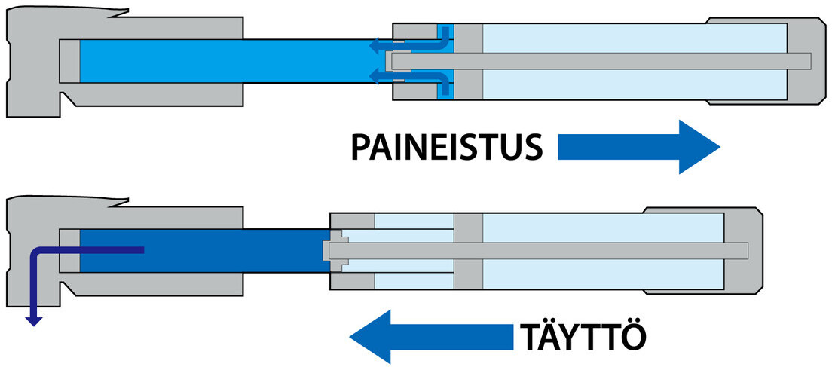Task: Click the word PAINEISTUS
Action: (x=446, y=148)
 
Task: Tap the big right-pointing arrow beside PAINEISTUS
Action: (x=639, y=148)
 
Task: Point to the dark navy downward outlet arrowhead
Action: (x=32, y=320)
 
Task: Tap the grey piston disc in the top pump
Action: (x=469, y=60)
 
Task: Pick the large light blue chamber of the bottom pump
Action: (x=603, y=226)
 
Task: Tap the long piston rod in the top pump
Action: (x=603, y=60)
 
